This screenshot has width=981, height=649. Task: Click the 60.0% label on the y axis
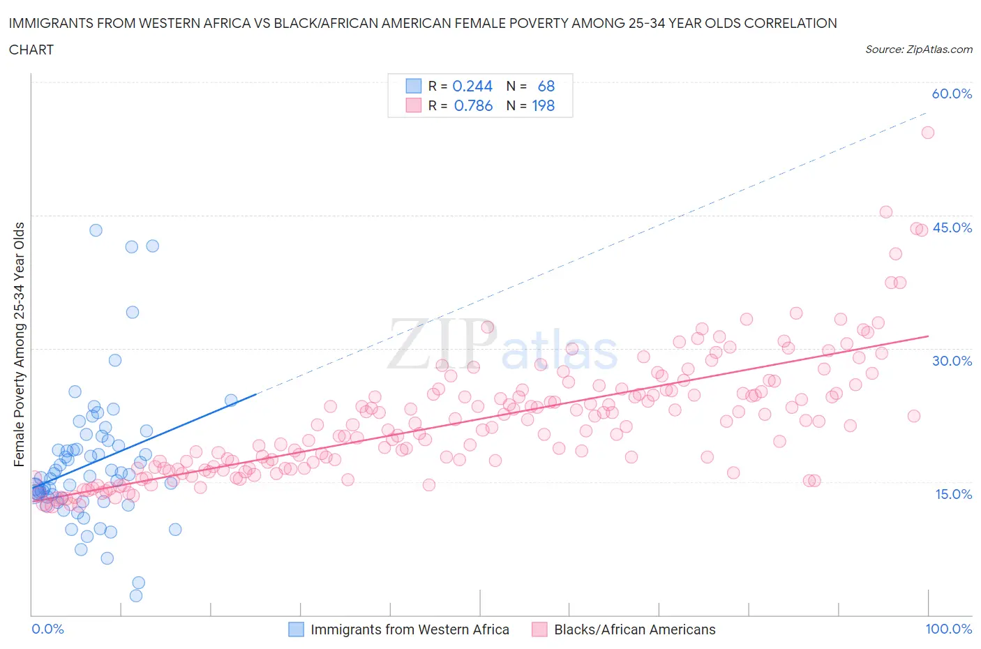(x=952, y=94)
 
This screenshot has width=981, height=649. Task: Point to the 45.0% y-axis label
(x=952, y=227)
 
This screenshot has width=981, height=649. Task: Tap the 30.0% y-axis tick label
(x=952, y=361)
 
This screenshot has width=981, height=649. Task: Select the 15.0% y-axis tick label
(x=952, y=494)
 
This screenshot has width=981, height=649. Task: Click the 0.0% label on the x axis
(x=47, y=629)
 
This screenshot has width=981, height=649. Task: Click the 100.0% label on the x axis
(x=948, y=629)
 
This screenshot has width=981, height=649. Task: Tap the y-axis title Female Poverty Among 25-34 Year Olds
(x=19, y=344)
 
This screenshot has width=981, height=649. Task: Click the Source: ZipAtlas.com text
(x=918, y=50)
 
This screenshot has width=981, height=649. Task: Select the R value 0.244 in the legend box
(x=472, y=86)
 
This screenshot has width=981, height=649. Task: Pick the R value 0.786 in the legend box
(x=473, y=105)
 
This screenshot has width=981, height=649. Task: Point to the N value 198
(x=543, y=105)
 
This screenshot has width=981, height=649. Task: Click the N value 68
(x=546, y=86)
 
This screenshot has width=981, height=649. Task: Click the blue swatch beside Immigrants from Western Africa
(x=296, y=629)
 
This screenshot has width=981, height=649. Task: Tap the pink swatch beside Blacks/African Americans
(x=539, y=629)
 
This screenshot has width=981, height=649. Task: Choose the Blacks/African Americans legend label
(x=634, y=629)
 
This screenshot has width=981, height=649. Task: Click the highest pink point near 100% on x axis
(x=927, y=133)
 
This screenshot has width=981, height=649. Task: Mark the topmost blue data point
(x=96, y=230)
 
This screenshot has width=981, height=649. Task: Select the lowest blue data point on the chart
(x=136, y=595)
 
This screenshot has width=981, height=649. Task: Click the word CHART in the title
(x=31, y=50)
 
